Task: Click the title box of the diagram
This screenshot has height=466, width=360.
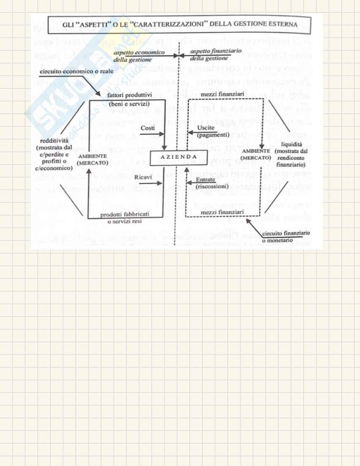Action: [179, 25]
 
